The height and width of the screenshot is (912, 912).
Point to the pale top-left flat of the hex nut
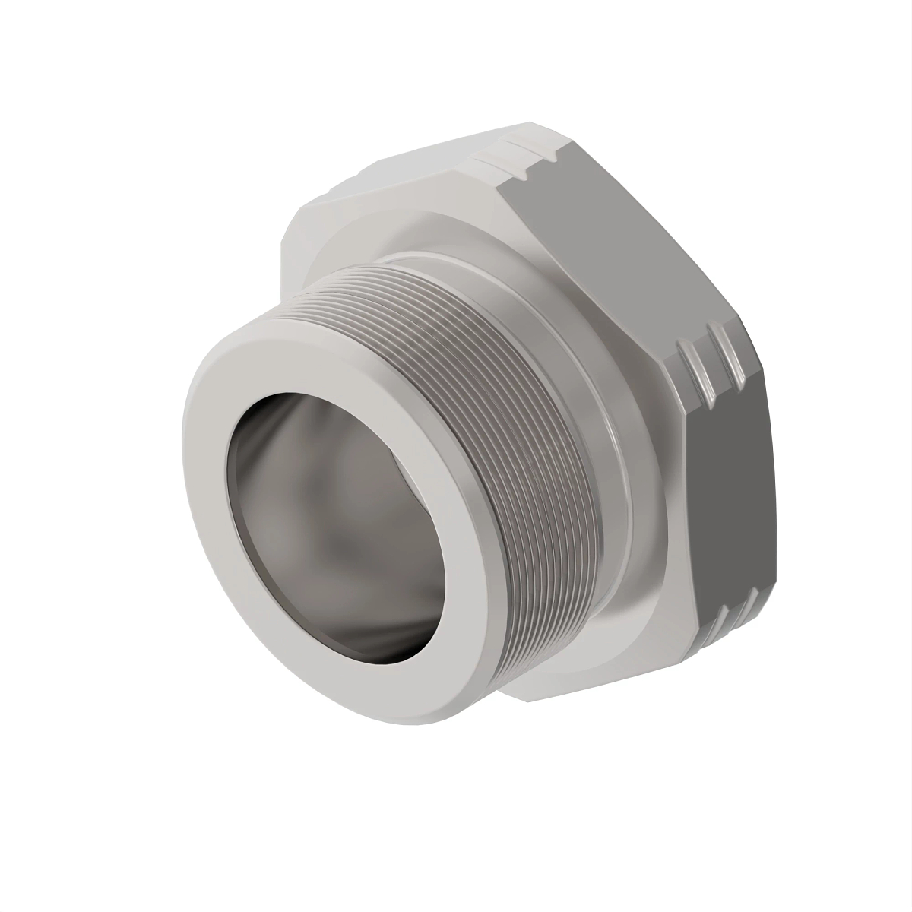coord(395,175)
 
